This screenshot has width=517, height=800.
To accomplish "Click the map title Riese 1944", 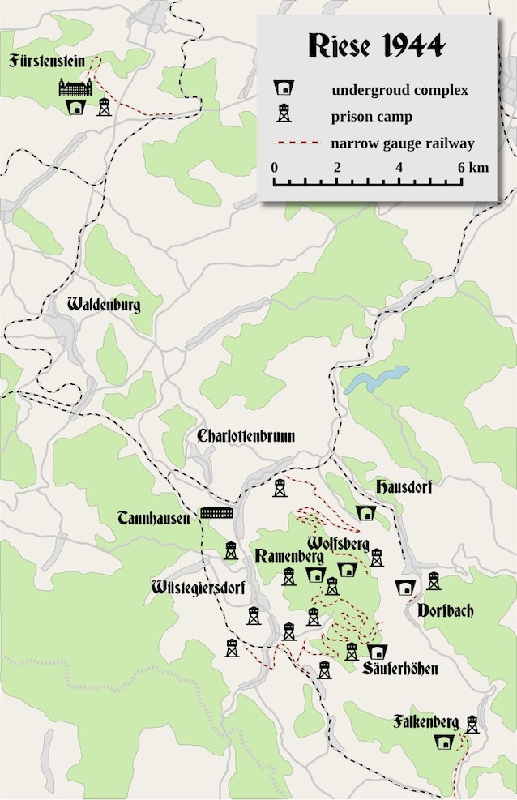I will (377, 45).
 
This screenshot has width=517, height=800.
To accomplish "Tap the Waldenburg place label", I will (104, 306).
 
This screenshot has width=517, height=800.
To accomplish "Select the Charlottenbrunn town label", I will (246, 436).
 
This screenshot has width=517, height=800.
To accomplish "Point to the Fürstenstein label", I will (48, 61).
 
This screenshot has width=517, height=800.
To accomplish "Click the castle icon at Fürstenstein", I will (75, 88).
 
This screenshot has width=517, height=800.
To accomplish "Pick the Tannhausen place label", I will (153, 516).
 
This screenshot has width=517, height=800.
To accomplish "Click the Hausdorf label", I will (404, 487).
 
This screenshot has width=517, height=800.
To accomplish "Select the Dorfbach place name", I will (446, 610).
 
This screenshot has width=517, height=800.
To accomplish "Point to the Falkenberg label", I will (426, 721).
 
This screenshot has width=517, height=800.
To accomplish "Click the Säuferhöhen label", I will (400, 670).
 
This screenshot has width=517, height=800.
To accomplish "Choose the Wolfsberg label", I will (339, 541).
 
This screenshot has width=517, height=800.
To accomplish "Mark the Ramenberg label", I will (289, 556).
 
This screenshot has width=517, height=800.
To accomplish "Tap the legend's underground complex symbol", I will (284, 88).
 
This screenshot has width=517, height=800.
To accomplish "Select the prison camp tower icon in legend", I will (284, 114).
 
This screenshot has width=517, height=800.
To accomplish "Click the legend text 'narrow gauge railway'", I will (402, 143).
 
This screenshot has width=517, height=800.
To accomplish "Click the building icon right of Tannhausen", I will (216, 514).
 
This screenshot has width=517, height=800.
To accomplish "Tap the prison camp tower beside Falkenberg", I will (472, 724).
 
